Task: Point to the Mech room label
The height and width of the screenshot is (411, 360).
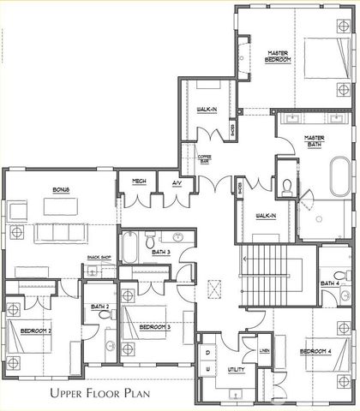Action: tap(137, 182)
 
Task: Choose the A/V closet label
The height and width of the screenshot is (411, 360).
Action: tap(177, 182)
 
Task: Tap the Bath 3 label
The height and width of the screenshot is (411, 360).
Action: tap(162, 252)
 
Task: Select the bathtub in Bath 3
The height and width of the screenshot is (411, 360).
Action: tap(129, 247)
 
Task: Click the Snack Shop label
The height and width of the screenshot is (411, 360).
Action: tap(100, 258)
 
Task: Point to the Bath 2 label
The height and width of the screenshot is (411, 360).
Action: tap(100, 306)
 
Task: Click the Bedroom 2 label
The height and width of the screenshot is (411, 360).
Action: tap(36, 331)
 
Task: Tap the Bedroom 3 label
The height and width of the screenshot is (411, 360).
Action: tap(154, 326)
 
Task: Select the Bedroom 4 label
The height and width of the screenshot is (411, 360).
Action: tap(315, 351)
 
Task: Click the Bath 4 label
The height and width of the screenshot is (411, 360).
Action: tap(330, 283)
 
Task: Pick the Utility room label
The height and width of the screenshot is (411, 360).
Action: tap(234, 370)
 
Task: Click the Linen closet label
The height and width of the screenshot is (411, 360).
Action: tap(266, 351)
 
